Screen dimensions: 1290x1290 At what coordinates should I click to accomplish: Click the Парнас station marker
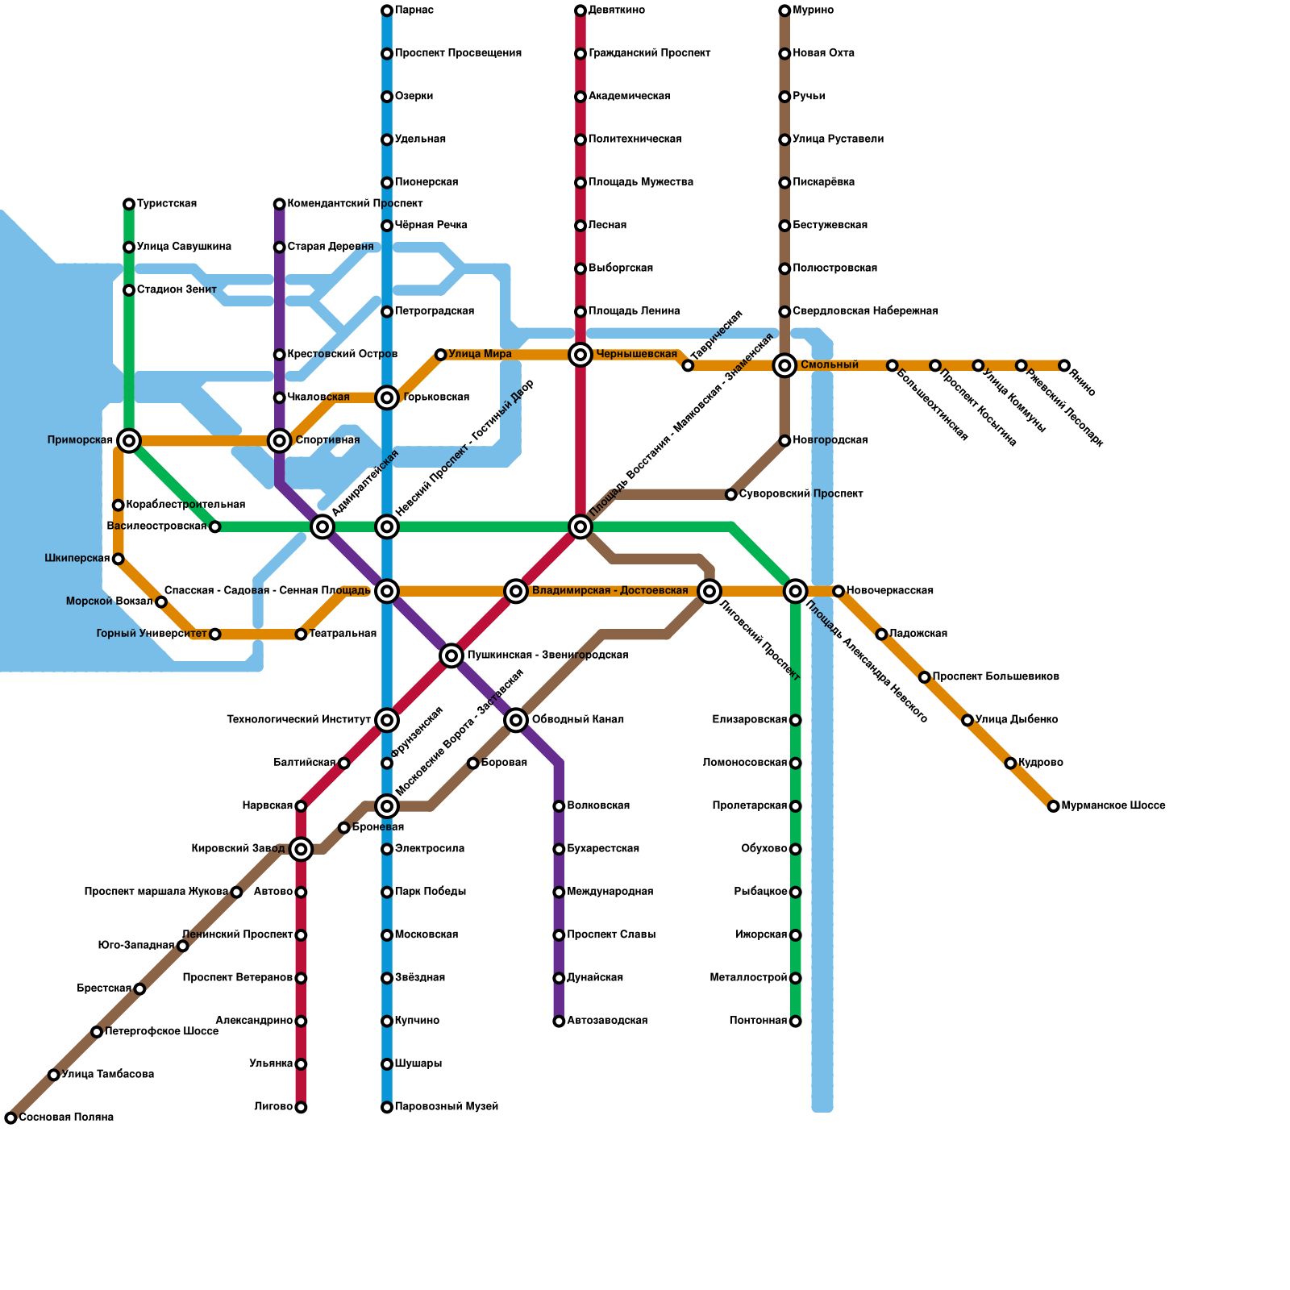(x=387, y=10)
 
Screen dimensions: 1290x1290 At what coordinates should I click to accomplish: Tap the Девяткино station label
(x=616, y=10)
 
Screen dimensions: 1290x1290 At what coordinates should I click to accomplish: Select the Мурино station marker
(x=784, y=10)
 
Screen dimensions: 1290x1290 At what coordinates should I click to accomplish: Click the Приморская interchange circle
(x=129, y=440)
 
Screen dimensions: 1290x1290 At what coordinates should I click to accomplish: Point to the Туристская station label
(x=167, y=204)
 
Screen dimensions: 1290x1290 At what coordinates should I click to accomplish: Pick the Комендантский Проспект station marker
(x=279, y=204)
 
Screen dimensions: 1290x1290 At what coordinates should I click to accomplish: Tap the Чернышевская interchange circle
(x=580, y=354)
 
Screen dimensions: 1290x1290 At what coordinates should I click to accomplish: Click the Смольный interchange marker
(x=784, y=365)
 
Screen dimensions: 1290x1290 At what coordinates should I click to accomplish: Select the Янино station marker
(x=1064, y=365)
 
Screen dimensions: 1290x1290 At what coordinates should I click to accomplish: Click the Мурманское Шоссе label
(x=1113, y=805)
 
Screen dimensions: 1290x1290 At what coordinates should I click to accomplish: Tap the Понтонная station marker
(x=796, y=1022)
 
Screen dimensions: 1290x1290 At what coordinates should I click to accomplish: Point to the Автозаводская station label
(x=607, y=1021)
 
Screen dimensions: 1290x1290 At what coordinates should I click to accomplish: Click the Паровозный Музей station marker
(x=387, y=1108)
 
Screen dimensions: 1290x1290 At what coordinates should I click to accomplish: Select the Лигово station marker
(x=301, y=1108)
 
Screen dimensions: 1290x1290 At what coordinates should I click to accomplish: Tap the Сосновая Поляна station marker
(x=10, y=1118)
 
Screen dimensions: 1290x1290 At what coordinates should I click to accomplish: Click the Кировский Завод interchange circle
(x=301, y=849)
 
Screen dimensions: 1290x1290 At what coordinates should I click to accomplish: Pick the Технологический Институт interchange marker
(x=387, y=720)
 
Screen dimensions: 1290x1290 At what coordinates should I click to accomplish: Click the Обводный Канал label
(x=577, y=720)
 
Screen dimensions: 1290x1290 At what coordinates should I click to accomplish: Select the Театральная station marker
(x=301, y=635)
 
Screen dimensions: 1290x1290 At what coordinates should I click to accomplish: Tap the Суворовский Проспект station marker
(x=731, y=494)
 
